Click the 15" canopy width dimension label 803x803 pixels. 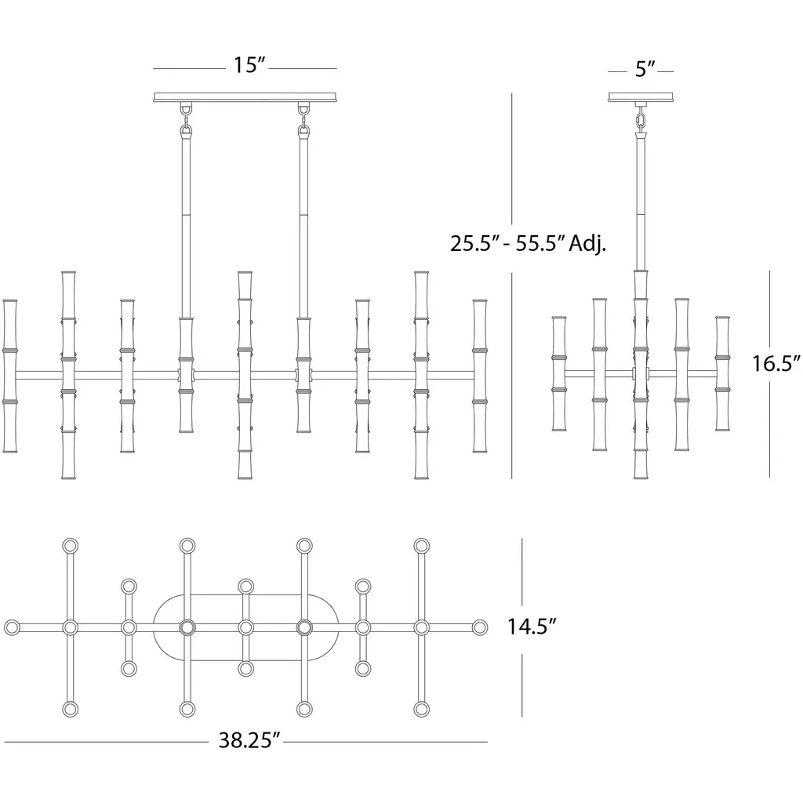pyautogui.click(x=250, y=65)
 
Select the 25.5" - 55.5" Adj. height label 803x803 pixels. pyautogui.click(x=528, y=243)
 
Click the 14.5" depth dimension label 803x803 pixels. pyautogui.click(x=532, y=627)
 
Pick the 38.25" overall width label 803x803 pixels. pyautogui.click(x=250, y=740)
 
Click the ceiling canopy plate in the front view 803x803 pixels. pyautogui.click(x=245, y=97)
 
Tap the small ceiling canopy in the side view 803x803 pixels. pyautogui.click(x=641, y=96)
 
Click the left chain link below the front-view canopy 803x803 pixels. pyautogui.click(x=186, y=122)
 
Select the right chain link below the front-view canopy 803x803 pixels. pyautogui.click(x=304, y=122)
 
